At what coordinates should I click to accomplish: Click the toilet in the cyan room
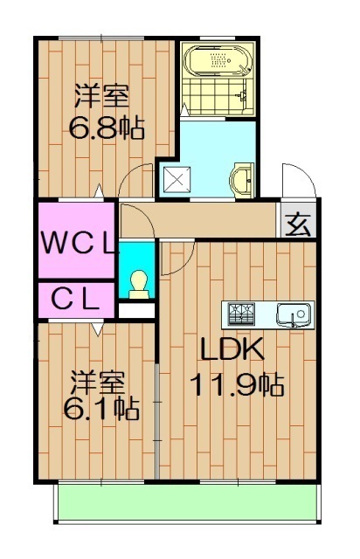pyautogui.click(x=137, y=282)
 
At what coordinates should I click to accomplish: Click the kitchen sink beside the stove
pyautogui.click(x=292, y=312)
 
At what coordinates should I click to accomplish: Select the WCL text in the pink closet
pyautogui.click(x=77, y=241)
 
